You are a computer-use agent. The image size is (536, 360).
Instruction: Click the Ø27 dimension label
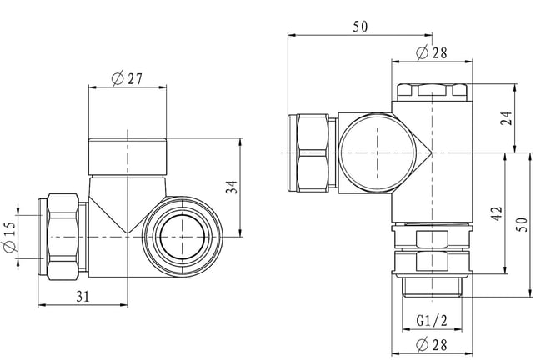[x=127, y=79]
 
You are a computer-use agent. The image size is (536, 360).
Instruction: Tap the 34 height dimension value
[x=232, y=187]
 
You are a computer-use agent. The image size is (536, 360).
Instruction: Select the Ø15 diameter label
[x=9, y=237]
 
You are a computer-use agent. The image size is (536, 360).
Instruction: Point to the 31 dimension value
[x=83, y=297]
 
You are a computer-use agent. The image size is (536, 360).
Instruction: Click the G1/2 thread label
[x=432, y=321]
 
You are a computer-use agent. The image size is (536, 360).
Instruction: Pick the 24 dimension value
[x=507, y=118]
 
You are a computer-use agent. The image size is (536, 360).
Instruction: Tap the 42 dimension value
[x=497, y=212]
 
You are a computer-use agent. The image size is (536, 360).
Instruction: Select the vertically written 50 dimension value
[x=523, y=225]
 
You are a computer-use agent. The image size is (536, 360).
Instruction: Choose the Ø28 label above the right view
[x=432, y=52]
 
